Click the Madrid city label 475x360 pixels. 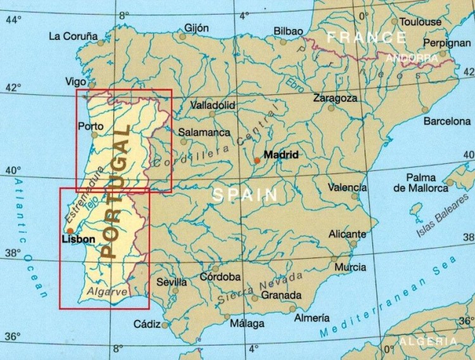[281, 154]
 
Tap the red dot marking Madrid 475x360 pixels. [256, 161]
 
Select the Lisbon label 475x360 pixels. [78, 240]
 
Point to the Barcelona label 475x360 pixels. [447, 120]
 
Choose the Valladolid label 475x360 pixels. [212, 104]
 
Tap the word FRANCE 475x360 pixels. [366, 37]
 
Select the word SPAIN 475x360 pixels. [245, 195]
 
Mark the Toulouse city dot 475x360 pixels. [395, 22]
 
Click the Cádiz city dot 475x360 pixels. [165, 326]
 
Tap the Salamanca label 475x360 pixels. [203, 133]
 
